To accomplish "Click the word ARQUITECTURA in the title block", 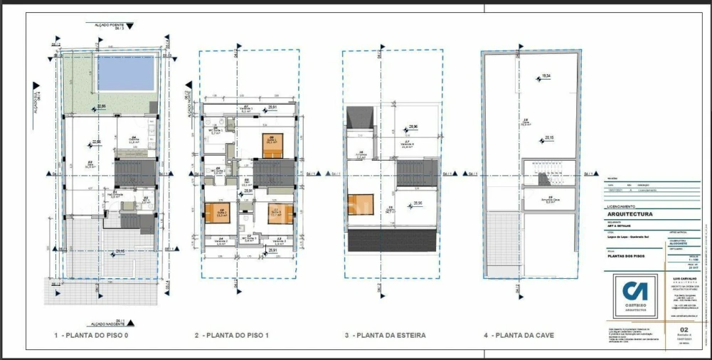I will (629, 213).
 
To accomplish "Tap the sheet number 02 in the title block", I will (684, 329).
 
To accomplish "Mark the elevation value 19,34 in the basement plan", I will (546, 75).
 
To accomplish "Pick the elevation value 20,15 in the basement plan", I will (549, 137).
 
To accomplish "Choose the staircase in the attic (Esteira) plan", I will (410, 172).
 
